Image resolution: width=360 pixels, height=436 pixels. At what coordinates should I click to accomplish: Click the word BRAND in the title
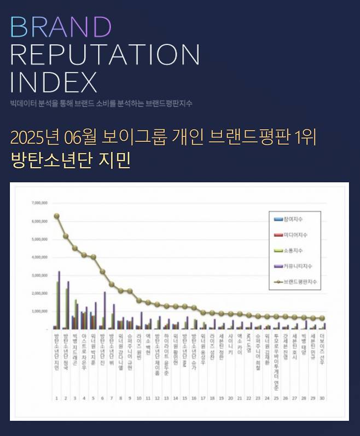pyautogui.click(x=61, y=26)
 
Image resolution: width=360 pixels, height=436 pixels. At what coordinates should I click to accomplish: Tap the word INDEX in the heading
pyautogui.click(x=53, y=82)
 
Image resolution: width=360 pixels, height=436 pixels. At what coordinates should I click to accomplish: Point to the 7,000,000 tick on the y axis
pyautogui.click(x=40, y=203)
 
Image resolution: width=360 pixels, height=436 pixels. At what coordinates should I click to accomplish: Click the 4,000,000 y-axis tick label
pyautogui.click(x=40, y=257)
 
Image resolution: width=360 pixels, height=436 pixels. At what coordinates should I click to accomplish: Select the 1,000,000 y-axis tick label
pyautogui.click(x=40, y=311)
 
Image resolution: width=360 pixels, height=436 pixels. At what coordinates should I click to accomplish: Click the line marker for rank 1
pyautogui.click(x=56, y=216)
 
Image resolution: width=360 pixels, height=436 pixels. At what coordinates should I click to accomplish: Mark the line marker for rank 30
pyautogui.click(x=322, y=318)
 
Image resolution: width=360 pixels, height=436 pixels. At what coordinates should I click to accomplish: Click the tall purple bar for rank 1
pyautogui.click(x=59, y=300)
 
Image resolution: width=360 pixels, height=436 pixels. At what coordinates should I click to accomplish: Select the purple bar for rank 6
pyautogui.click(x=104, y=310)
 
